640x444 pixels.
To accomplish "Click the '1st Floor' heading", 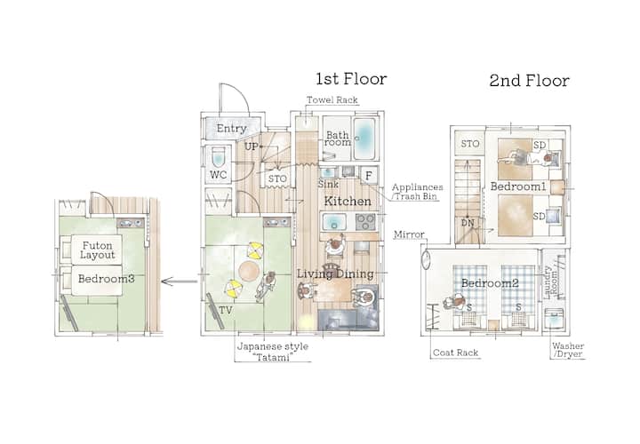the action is pos(351,79).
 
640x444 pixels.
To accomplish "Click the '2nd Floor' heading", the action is pos(530,81).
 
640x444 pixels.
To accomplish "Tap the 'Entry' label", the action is pos(231,129).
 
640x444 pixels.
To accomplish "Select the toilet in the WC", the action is pos(219,156).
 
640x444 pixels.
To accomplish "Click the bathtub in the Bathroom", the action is pos(364,139).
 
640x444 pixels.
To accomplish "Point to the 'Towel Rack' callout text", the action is pos(332,99).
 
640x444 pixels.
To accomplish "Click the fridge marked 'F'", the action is pos(369,176).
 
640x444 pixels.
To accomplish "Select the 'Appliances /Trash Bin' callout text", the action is pos(417,192).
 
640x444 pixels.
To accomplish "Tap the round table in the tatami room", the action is pos(249,271).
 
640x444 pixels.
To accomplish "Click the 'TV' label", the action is pos(225,310).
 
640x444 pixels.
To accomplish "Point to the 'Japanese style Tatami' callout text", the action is pos(273,352).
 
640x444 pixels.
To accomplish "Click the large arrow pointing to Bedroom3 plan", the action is pos(180,281).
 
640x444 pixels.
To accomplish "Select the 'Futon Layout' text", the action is pos(97,250).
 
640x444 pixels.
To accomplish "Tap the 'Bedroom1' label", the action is pos(518,186).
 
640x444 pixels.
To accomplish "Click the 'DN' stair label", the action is pos(468,223).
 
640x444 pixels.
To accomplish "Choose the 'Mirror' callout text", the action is pos(409,234).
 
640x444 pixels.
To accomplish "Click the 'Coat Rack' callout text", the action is pos(455,353).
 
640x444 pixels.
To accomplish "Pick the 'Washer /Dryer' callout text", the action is pos(568,350).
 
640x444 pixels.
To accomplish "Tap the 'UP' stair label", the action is pos(251,147).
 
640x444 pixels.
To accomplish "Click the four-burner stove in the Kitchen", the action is pos(365,222).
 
